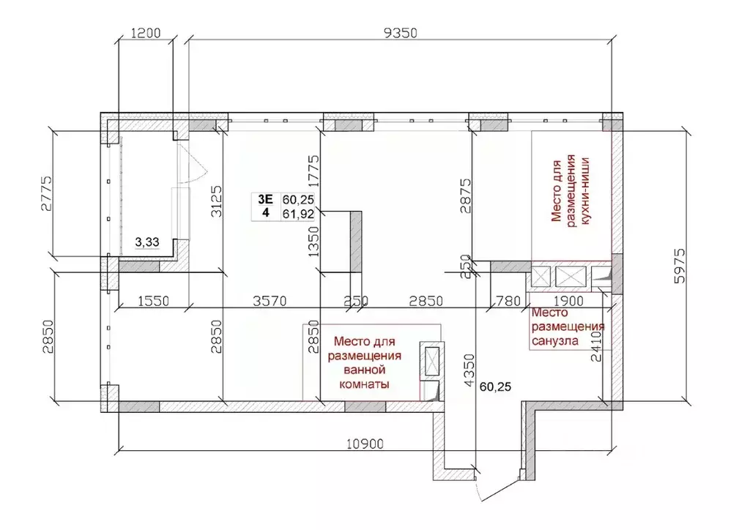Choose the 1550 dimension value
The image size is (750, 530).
point(153,300)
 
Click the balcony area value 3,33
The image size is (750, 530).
point(147,243)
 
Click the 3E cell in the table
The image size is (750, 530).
point(265,198)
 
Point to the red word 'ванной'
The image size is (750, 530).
point(363,370)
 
